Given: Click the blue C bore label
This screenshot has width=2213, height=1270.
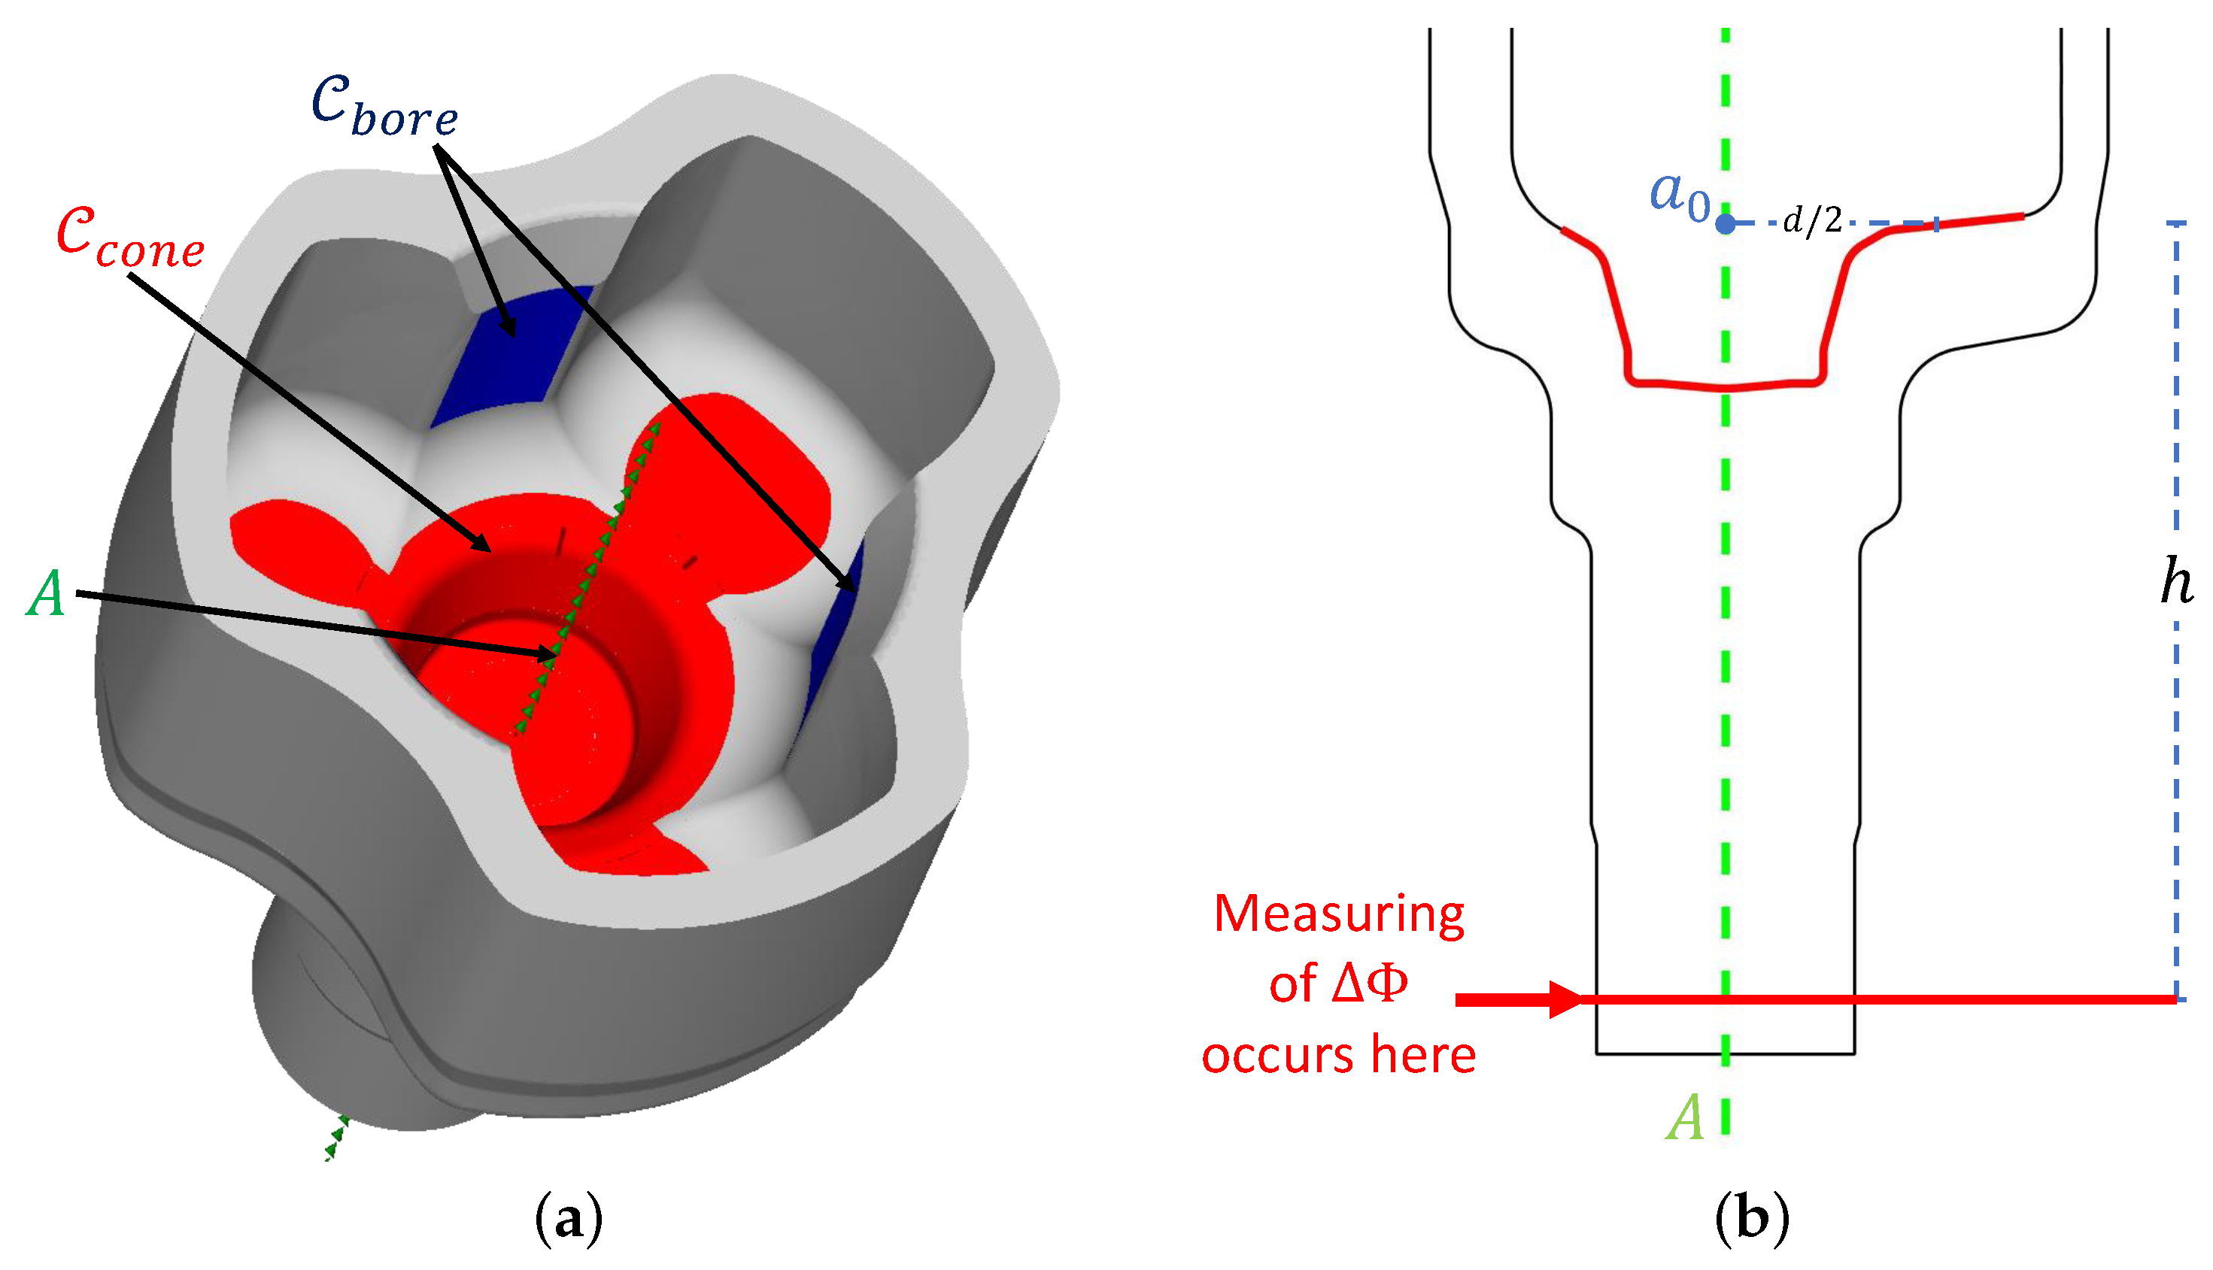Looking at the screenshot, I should (x=384, y=107).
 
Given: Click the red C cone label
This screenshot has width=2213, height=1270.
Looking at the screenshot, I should (x=131, y=238).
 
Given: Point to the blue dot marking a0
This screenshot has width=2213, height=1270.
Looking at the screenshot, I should (x=1725, y=224).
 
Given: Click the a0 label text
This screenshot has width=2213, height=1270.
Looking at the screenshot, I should (x=1679, y=196).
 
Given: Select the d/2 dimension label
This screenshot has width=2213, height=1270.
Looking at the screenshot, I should (x=1813, y=220).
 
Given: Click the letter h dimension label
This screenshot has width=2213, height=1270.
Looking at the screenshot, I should (x=2176, y=582).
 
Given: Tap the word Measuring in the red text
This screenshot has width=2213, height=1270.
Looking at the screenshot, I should (x=1339, y=915).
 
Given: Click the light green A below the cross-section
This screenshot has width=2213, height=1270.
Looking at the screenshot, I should (x=1685, y=1117).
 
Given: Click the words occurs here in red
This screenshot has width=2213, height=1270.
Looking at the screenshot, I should (x=1339, y=1056).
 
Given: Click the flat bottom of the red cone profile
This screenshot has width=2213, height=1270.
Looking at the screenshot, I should (x=1725, y=386).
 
